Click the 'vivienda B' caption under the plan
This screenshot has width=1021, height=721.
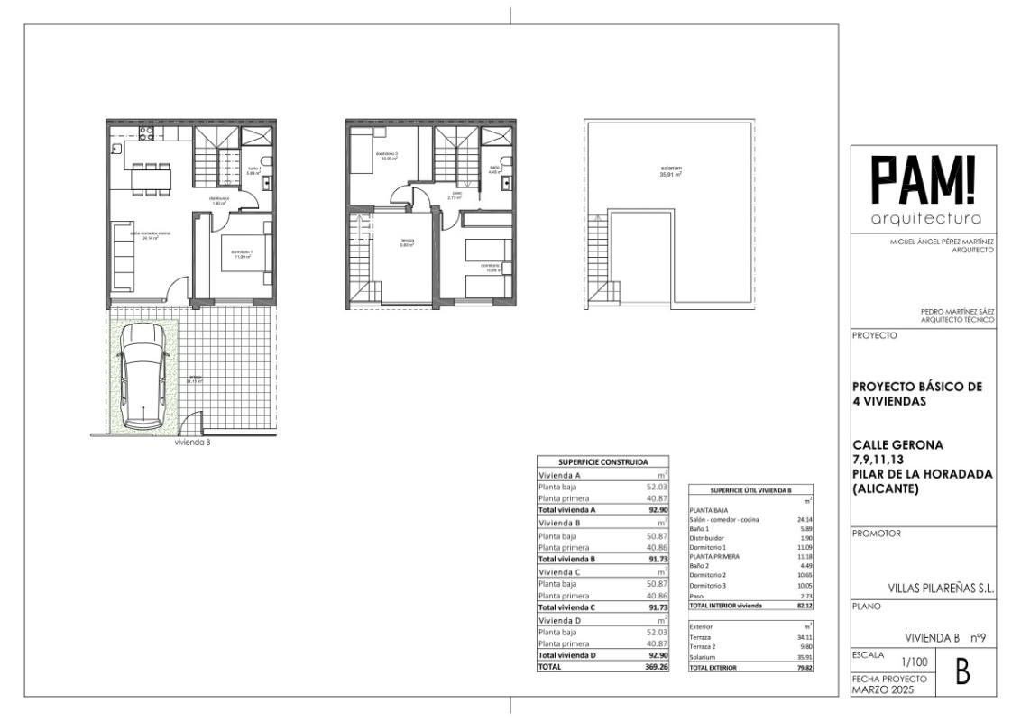[x=192, y=442]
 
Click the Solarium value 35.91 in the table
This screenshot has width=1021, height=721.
[x=802, y=657]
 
